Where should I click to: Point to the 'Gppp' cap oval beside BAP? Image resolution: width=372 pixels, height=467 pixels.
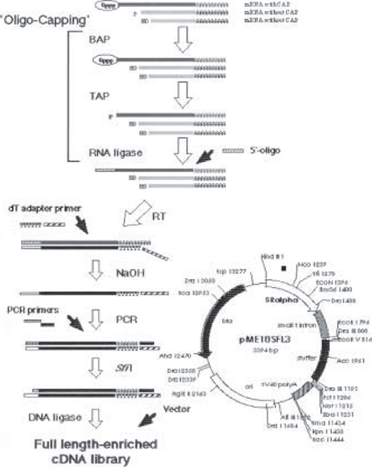[103, 60]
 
